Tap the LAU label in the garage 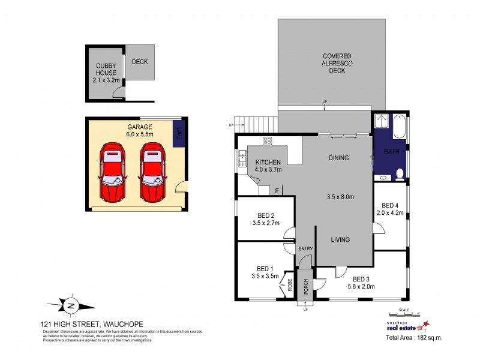pyautogui.click(x=179, y=134)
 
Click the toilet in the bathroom pyautogui.click(x=400, y=175)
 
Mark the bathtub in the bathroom pyautogui.click(x=400, y=128)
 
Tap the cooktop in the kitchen pyautogui.click(x=268, y=141)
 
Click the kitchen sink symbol pyautogui.click(x=243, y=159)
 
